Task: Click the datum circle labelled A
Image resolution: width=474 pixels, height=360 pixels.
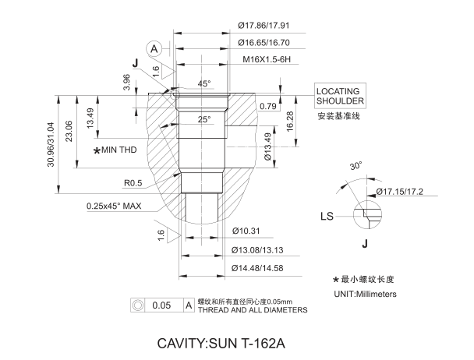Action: [x=155, y=48]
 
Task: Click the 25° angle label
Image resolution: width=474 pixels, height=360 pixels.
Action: [x=203, y=120]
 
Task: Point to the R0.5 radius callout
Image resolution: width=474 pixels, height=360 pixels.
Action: [x=133, y=184]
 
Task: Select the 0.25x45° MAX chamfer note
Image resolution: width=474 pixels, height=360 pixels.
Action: [x=114, y=206]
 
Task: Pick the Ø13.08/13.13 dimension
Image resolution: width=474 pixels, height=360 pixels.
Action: [x=260, y=249]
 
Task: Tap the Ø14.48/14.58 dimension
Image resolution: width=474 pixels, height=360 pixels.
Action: [x=260, y=269]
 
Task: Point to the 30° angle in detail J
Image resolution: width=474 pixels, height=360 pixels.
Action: [x=355, y=166]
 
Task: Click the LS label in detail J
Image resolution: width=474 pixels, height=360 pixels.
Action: [x=329, y=215]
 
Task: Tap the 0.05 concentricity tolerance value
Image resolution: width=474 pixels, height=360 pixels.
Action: [x=161, y=305]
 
